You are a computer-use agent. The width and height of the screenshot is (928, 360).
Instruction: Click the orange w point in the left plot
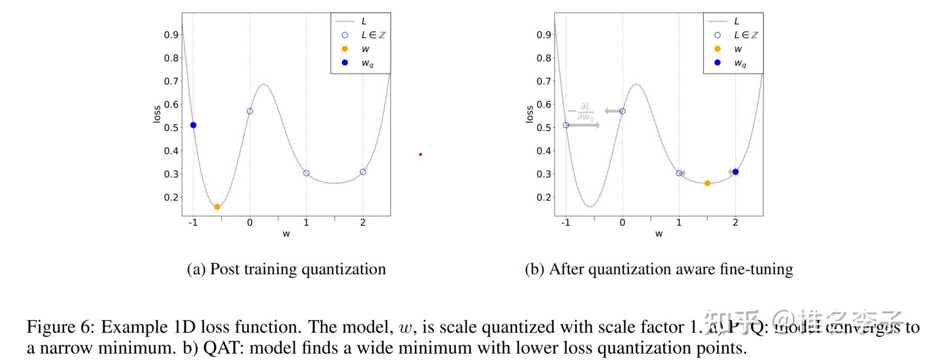point(217,207)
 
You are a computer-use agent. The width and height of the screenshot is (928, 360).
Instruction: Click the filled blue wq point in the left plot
point(193,125)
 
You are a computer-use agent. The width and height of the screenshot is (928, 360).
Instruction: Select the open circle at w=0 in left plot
point(250,111)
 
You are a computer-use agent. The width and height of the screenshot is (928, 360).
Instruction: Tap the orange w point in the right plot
point(707,183)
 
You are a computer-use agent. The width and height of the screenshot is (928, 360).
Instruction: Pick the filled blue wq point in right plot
point(736,172)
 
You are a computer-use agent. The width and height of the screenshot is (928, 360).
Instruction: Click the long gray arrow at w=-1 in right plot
point(583,125)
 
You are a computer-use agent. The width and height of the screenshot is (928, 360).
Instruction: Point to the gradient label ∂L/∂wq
point(585,112)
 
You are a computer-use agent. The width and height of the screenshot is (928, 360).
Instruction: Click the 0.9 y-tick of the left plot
point(171,35)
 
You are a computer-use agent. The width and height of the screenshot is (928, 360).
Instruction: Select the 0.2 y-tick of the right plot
point(544,197)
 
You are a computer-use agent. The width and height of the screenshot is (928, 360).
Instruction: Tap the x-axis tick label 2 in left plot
point(363,223)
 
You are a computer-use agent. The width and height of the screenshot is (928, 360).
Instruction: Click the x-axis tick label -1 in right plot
point(565,223)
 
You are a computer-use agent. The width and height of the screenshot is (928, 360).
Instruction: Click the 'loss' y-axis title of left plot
point(157,114)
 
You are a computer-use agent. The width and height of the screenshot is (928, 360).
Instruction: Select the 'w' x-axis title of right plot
point(659,234)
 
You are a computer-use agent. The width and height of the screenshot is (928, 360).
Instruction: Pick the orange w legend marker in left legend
point(345,49)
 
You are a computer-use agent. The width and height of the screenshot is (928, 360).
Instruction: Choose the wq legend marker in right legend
point(717,63)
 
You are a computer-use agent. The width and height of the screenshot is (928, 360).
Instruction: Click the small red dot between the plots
point(421,154)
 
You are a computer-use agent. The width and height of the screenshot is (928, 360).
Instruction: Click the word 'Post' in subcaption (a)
point(225,269)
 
